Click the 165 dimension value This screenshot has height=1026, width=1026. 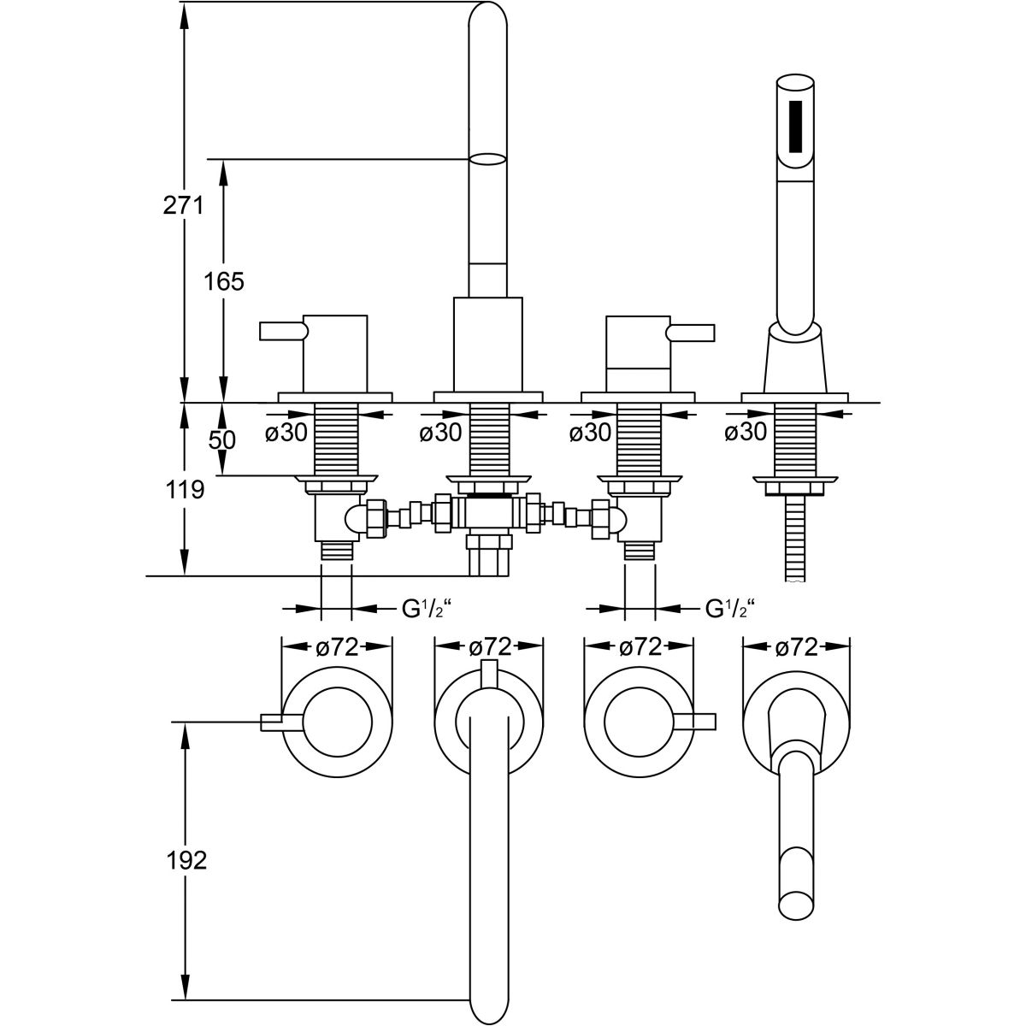click(225, 280)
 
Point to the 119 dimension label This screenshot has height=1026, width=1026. click(185, 490)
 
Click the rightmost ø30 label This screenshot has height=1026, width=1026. click(745, 433)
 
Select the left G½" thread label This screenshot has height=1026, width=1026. click(426, 610)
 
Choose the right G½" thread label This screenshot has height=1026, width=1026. click(728, 610)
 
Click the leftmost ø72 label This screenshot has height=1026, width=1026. click(337, 647)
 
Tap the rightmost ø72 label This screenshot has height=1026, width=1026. click(796, 647)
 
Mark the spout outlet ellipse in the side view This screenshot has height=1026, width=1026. click(489, 159)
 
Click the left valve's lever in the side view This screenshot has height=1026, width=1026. click(282, 330)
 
